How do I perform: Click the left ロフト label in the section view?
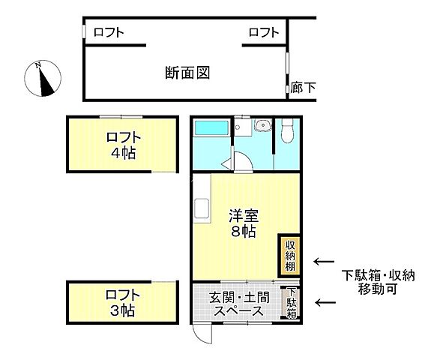point(109,32)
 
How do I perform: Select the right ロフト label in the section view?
point(263,32)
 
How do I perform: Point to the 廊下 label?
point(303,88)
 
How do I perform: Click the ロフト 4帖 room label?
point(121,145)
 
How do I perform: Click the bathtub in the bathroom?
point(213,128)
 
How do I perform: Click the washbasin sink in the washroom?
point(262,126)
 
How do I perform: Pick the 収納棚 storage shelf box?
point(290,255)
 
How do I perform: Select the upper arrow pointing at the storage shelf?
point(324,261)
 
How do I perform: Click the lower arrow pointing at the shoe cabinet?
point(324,302)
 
